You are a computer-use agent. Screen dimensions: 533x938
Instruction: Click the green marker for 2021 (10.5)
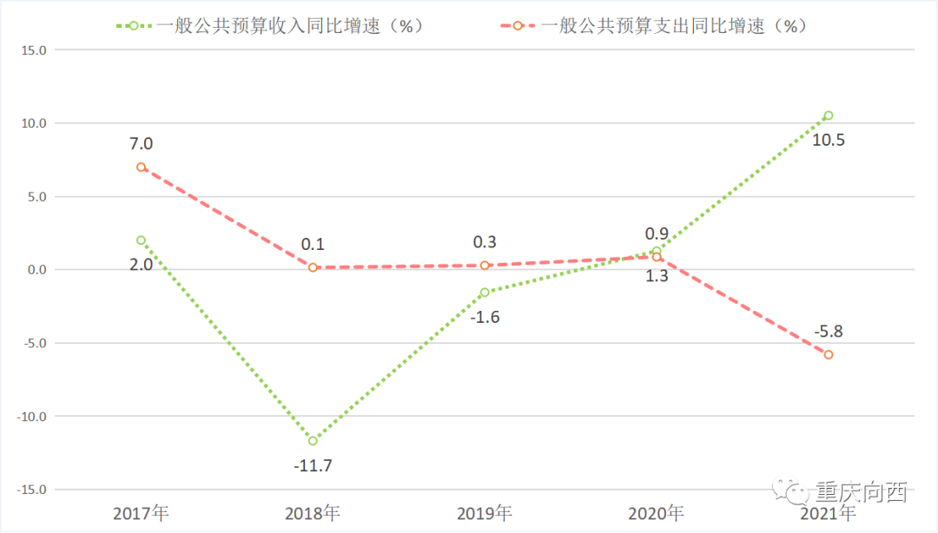point(829,115)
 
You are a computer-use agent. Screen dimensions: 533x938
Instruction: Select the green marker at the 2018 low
point(313,441)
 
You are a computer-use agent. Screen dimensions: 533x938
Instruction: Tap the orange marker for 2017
point(141,167)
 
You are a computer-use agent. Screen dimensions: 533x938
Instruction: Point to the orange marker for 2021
point(829,354)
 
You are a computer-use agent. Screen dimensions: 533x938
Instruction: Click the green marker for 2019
point(485,293)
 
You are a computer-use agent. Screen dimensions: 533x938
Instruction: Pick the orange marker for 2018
point(313,267)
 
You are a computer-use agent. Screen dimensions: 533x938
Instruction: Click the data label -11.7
point(313,465)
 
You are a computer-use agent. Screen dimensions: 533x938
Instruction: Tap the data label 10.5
point(829,139)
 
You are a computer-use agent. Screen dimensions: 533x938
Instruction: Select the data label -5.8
point(829,331)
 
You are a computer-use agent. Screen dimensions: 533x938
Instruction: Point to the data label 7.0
point(141,143)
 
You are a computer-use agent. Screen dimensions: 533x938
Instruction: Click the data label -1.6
point(485,317)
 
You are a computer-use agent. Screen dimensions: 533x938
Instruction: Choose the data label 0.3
point(485,242)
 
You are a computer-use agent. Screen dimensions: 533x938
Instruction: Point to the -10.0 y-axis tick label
point(31,417)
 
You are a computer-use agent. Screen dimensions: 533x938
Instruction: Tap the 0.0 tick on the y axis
point(36,270)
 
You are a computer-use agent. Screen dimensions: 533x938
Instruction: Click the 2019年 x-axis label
point(485,513)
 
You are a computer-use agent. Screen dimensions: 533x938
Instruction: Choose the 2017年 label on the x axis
point(141,513)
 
